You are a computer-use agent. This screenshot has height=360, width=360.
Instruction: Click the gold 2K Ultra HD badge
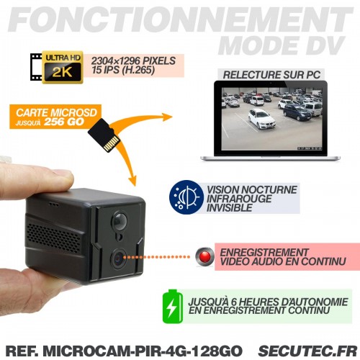tap(63, 67)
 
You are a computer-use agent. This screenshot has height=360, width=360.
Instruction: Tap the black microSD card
tap(104, 135)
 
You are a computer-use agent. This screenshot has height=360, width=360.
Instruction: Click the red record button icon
tap(204, 257)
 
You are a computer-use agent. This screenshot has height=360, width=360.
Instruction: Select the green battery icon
tap(173, 307)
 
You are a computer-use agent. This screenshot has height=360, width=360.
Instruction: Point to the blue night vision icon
tap(186, 197)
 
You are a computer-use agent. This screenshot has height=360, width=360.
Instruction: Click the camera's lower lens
tap(119, 258)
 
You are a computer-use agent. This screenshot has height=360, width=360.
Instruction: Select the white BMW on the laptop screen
tap(261, 119)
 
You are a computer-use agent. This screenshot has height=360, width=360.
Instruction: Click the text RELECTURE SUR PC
tap(271, 75)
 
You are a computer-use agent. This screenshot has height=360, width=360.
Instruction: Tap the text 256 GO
tap(64, 122)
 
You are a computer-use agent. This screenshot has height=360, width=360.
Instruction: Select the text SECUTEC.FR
tap(308, 351)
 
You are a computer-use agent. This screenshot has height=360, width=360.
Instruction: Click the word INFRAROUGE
tap(239, 199)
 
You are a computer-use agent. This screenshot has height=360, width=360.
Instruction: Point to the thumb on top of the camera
tap(36, 181)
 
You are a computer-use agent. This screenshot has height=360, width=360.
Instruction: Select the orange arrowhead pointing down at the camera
tap(132, 180)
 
